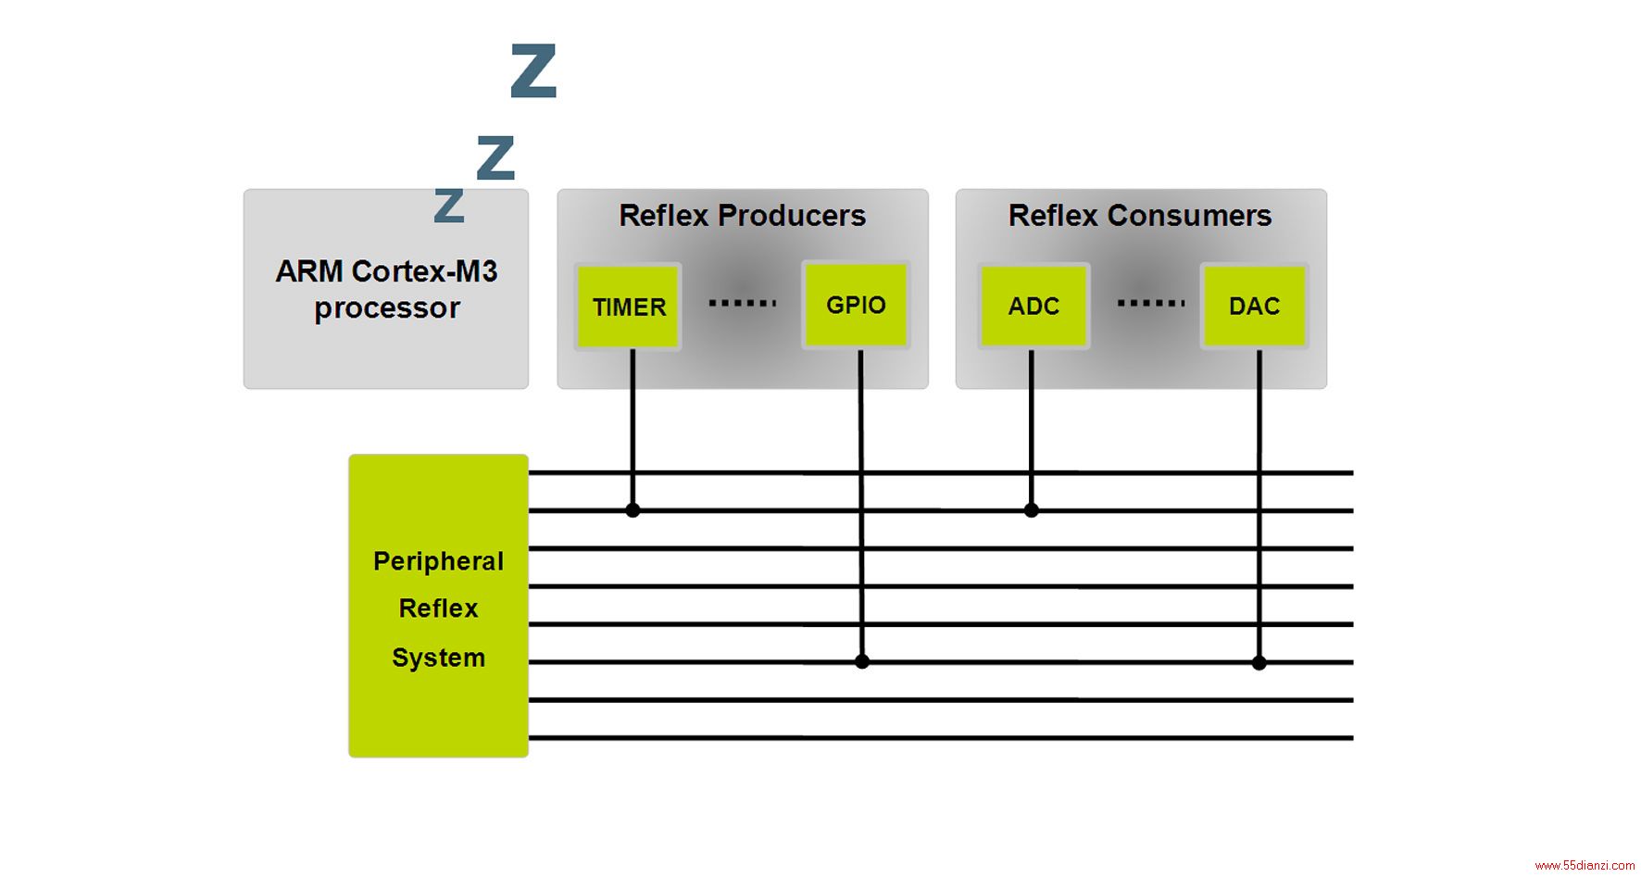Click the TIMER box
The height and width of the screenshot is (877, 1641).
629,307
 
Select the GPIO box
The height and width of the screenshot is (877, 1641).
856,305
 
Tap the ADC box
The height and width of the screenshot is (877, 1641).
1033,306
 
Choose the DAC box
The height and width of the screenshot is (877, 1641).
1255,306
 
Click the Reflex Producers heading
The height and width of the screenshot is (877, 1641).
743,216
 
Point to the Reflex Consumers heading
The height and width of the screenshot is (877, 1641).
1140,216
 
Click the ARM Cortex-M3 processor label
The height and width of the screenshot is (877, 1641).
387,289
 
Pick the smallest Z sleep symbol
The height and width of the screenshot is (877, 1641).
449,206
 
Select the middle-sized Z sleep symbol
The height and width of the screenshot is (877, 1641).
495,157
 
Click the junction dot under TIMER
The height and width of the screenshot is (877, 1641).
633,510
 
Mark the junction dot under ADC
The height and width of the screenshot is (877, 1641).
1032,510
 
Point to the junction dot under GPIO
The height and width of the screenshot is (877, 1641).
862,662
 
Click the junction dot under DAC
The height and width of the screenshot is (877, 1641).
1259,663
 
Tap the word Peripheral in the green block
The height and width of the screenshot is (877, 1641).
438,561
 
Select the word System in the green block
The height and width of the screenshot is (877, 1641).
438,658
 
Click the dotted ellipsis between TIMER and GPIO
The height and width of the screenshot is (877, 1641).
743,303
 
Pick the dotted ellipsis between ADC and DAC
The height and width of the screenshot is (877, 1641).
1151,303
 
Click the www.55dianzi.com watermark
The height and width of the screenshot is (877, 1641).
1585,866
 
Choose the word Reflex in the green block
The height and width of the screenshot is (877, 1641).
438,608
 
